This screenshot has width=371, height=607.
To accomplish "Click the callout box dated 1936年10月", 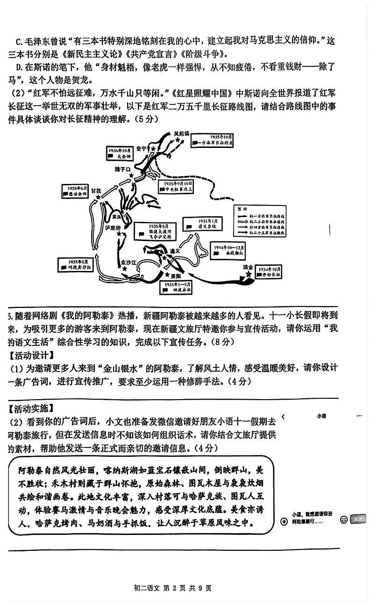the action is tap(117, 153).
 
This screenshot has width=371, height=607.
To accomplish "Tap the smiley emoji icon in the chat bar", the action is tap(343, 519).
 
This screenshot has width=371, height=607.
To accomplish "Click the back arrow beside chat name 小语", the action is tap(284, 416).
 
